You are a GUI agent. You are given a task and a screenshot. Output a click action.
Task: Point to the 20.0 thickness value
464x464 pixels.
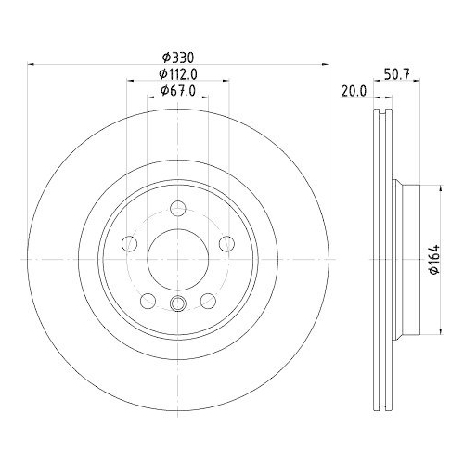point(354,90)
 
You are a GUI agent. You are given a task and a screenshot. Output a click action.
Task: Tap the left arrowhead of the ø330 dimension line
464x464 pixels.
point(31,65)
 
